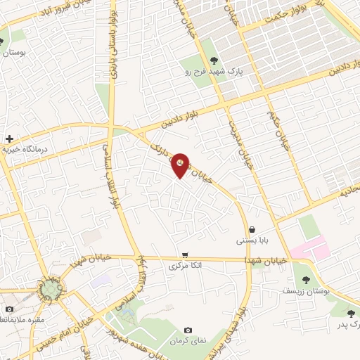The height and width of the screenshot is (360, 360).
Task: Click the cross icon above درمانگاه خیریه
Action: click(x=9, y=139)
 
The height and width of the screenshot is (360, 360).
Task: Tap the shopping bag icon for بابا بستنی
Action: click(x=252, y=229)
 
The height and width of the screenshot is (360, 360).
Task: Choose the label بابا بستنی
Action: click(x=252, y=240)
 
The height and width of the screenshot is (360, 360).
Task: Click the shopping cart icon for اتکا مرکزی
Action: click(x=185, y=255)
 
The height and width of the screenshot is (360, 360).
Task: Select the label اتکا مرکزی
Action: click(x=186, y=265)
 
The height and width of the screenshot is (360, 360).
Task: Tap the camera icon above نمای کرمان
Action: click(x=188, y=330)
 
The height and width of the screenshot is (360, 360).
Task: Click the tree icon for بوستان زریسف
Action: click(x=304, y=279)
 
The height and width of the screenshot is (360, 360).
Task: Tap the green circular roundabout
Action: click(x=49, y=289)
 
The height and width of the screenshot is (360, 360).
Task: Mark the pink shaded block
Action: click(x=309, y=247)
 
